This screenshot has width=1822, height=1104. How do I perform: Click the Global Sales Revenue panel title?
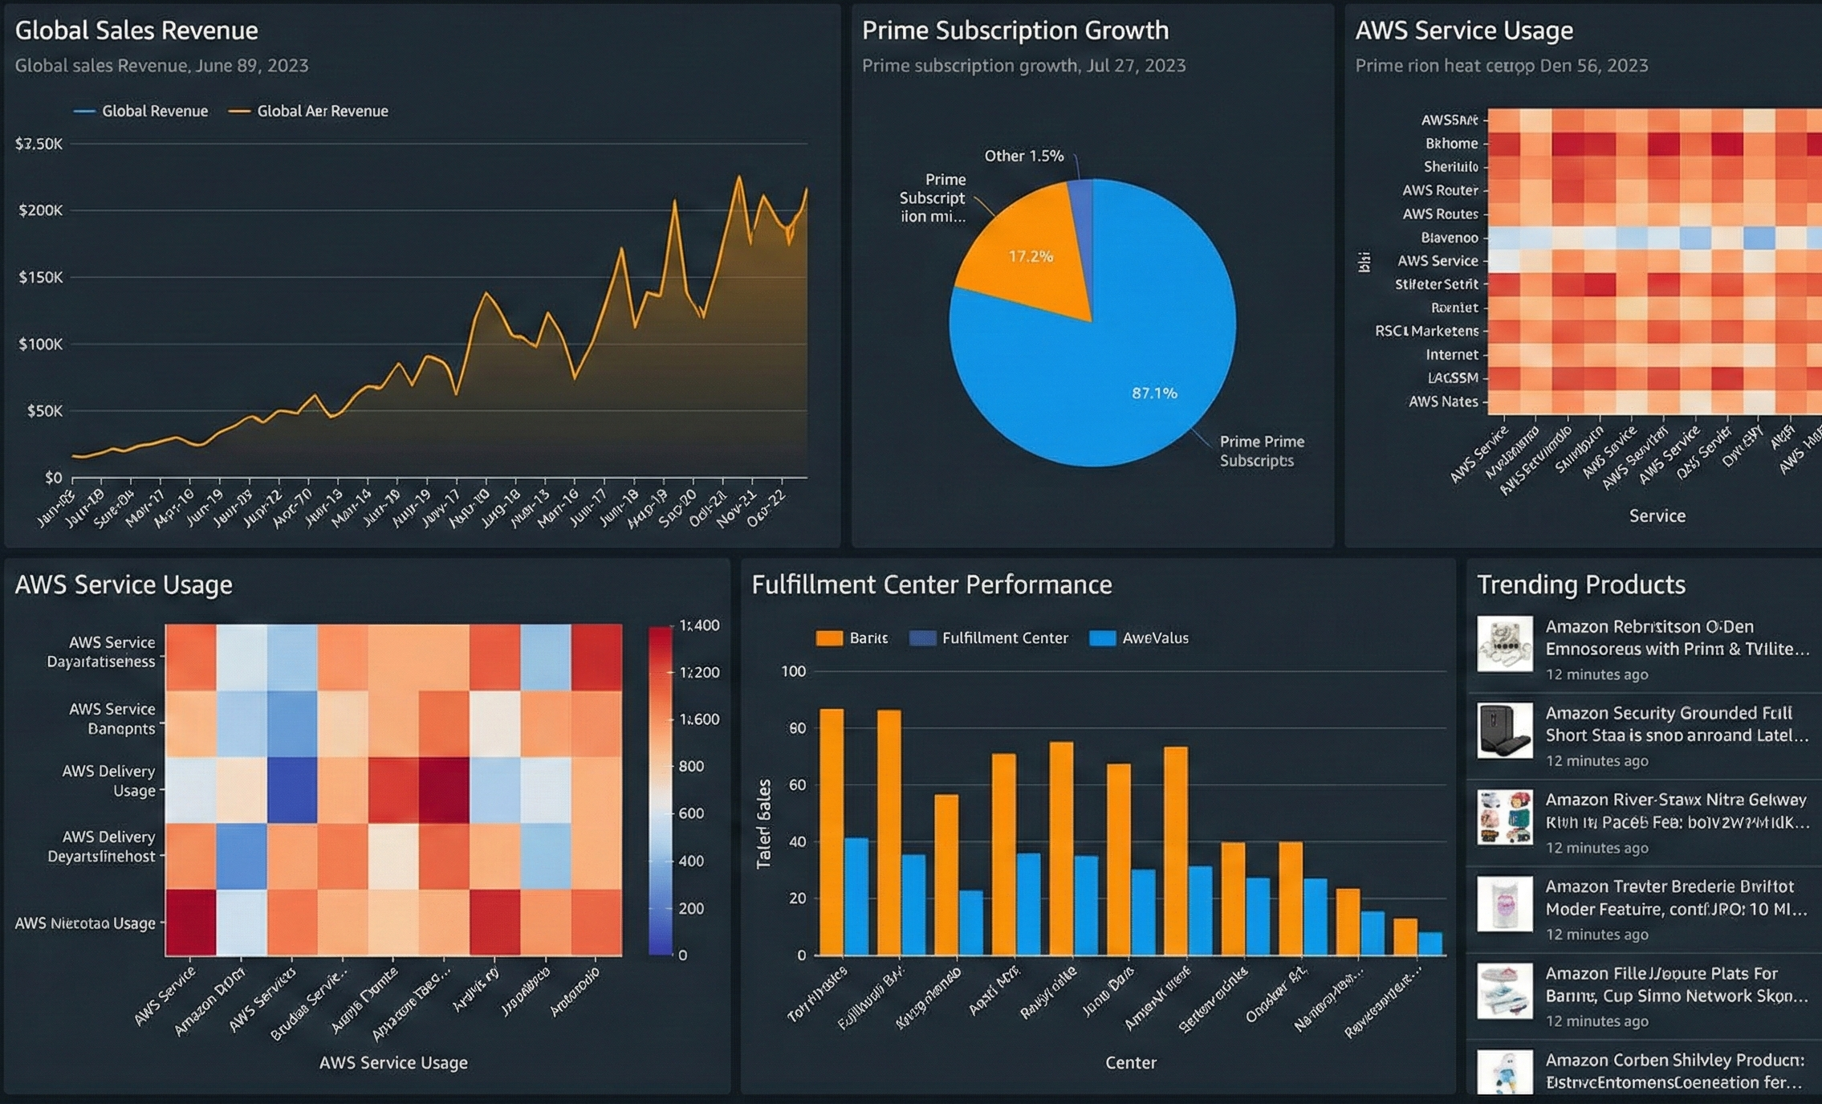tap(136, 31)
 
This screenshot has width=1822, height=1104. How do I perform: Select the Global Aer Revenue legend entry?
tap(322, 111)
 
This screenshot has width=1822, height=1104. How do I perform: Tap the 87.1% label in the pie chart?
tap(1153, 393)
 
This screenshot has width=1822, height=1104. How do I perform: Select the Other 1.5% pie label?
tap(1023, 156)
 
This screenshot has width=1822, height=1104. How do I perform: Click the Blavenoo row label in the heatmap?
tap(1449, 238)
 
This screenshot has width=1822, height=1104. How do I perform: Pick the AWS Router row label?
tap(1440, 190)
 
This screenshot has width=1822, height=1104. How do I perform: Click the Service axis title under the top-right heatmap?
tap(1657, 515)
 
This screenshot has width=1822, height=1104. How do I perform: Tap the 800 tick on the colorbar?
tap(691, 766)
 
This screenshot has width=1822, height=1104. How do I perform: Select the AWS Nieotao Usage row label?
tap(85, 923)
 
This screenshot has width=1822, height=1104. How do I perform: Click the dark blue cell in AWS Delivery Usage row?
tap(292, 789)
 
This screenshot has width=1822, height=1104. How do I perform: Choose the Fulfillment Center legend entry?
tap(1004, 638)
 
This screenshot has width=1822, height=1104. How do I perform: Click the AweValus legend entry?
tap(1154, 638)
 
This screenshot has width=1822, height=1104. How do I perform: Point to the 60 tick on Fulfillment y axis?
tap(796, 784)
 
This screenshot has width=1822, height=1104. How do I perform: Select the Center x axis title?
tap(1130, 1062)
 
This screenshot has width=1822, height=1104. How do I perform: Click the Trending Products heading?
tap(1580, 585)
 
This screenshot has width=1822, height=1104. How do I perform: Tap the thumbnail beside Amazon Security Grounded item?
tap(1504, 731)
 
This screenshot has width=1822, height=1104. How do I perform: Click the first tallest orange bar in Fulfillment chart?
tap(832, 831)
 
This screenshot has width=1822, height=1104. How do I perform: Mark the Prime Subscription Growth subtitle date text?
tap(1136, 66)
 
